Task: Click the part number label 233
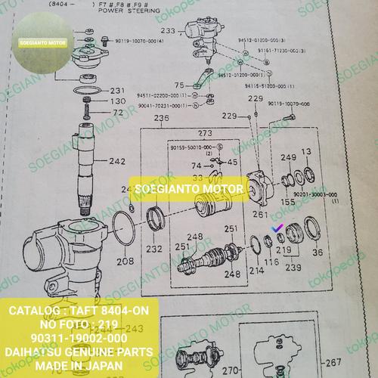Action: (x=167, y=32)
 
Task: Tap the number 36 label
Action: (x=318, y=253)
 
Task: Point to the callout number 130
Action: (x=115, y=101)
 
